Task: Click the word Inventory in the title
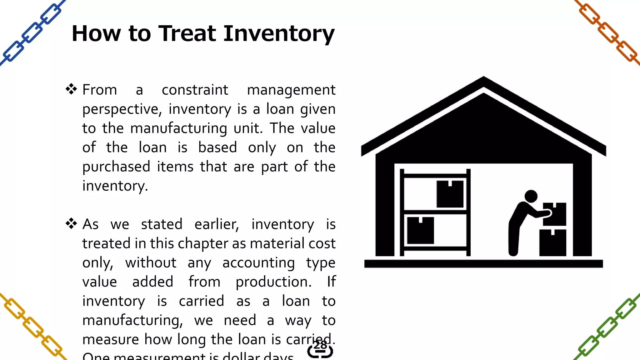coord(279,34)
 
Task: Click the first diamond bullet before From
coord(71,89)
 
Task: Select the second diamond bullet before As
coord(71,223)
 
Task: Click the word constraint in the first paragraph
coord(195,90)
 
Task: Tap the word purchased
coord(116,167)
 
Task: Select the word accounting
coord(258,263)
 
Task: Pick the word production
coord(273,282)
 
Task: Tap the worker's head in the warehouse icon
coord(531,196)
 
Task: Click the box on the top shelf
coord(450,194)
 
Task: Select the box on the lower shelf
coord(421,230)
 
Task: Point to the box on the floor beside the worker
coord(552,243)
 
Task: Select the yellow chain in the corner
coord(31,327)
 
